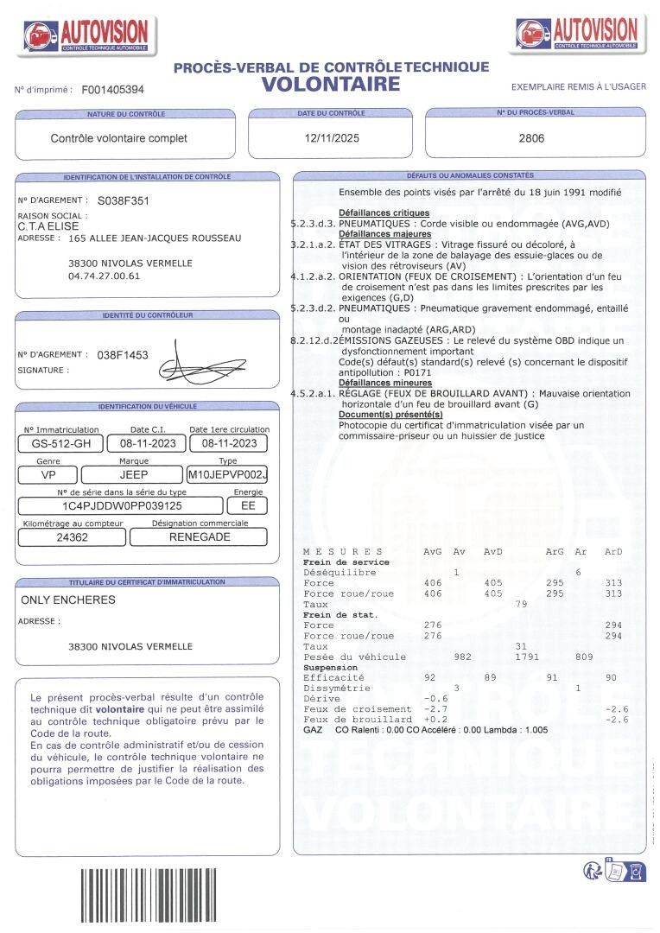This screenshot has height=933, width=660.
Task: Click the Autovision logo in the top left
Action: (86, 35)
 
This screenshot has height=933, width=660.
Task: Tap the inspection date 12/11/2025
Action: (332, 138)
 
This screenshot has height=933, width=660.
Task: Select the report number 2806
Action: (531, 138)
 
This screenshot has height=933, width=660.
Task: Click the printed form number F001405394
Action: (113, 89)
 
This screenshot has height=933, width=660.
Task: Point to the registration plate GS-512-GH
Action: (60, 444)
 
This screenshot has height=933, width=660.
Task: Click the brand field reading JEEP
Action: (133, 475)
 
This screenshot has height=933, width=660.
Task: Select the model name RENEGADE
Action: (199, 536)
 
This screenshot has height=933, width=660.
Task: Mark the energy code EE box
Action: (248, 506)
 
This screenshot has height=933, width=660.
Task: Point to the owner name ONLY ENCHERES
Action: (68, 600)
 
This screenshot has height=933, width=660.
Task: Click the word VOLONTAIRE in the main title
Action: (331, 84)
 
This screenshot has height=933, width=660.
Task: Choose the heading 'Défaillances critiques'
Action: (384, 213)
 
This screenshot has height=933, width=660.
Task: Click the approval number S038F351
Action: (124, 200)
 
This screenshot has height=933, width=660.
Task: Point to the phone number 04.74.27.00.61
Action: (104, 276)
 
